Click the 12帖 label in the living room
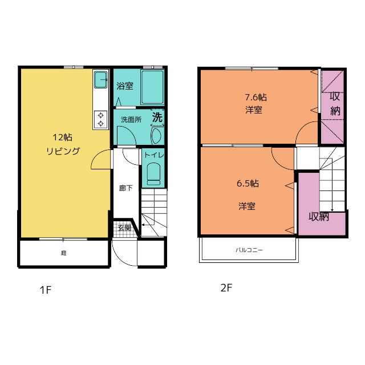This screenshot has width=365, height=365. (62, 137)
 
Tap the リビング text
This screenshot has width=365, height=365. (63, 151)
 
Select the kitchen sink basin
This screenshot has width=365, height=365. (100, 80)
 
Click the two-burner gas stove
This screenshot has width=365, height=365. (100, 119)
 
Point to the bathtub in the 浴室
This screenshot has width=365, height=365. (152, 87)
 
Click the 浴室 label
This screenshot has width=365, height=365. (125, 86)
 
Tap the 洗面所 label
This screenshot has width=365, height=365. (131, 120)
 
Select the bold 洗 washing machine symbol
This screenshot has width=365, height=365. (157, 117)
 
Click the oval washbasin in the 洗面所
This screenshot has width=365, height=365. (156, 136)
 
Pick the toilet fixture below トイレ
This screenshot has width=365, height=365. (154, 174)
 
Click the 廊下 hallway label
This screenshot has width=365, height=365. (125, 188)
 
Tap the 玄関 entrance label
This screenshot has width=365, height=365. (124, 228)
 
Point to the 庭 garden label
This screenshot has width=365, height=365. (63, 253)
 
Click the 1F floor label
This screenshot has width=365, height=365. (46, 290)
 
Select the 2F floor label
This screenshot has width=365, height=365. (226, 288)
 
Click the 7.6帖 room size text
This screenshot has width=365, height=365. (256, 97)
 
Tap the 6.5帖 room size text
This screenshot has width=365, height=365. (248, 184)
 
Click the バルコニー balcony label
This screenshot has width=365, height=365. (249, 250)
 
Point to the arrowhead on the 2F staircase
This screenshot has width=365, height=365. (332, 210)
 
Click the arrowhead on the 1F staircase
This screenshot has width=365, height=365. (143, 225)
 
